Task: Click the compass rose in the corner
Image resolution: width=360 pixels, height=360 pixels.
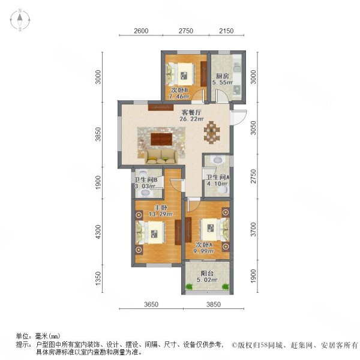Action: [20, 20]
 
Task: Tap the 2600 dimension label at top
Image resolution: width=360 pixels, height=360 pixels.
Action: [141, 31]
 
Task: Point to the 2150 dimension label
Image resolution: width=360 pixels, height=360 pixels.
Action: [226, 31]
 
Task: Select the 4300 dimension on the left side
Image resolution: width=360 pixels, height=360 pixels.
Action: [98, 232]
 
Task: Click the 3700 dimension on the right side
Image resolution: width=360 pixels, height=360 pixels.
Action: [253, 229]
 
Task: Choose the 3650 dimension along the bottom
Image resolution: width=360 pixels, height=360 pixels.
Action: [151, 304]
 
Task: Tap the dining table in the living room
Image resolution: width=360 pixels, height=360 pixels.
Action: [211, 133]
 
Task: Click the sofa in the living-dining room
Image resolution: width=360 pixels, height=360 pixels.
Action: [161, 157]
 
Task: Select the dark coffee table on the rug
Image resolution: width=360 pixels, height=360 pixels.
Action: [161, 139]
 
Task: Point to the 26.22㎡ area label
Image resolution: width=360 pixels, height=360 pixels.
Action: [191, 119]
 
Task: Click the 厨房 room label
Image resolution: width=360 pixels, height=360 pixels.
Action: [222, 76]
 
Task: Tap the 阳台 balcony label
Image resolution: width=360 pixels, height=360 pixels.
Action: [207, 274]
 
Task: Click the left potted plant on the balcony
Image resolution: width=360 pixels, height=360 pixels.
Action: [189, 287]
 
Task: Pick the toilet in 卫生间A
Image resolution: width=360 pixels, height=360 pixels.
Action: [223, 190]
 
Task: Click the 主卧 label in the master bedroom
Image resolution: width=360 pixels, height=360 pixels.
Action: [161, 208]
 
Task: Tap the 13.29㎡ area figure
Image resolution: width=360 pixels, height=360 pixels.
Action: [161, 214]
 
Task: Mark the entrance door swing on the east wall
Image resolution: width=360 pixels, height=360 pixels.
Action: [239, 118]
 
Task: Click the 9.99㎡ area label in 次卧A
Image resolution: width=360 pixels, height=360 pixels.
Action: [203, 251]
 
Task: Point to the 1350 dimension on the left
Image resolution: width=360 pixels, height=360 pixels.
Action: [98, 278]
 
